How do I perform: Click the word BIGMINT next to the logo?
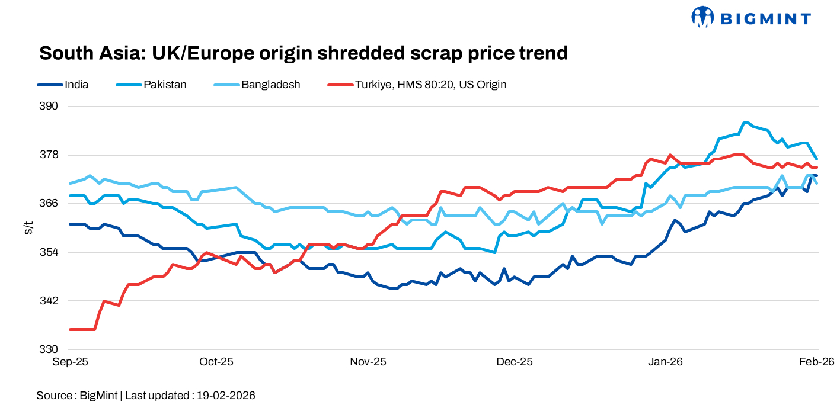765,19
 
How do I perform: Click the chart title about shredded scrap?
303,53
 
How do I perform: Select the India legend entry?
76,85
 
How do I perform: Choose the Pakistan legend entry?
164,85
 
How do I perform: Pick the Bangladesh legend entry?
270,85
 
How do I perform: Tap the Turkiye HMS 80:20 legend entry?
430,85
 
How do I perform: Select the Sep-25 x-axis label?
70,362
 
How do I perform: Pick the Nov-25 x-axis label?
369,362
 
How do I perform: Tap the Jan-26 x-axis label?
665,362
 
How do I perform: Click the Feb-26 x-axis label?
818,362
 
